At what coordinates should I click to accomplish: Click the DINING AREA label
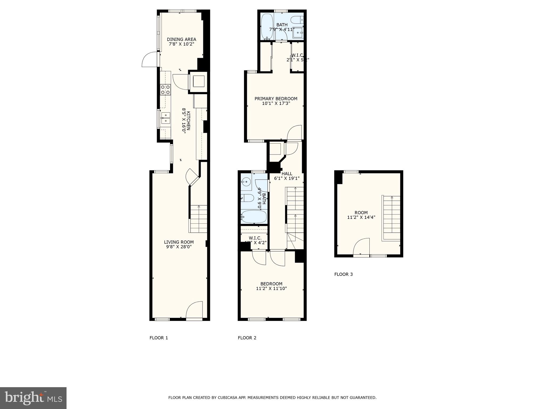click(x=181, y=39)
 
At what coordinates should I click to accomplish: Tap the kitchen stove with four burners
click(x=165, y=89)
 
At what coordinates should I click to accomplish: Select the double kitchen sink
click(x=166, y=118)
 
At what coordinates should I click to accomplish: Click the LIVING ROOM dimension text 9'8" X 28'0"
click(x=179, y=247)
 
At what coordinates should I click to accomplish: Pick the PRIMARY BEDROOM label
click(x=276, y=99)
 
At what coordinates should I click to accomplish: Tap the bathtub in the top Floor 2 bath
click(x=267, y=27)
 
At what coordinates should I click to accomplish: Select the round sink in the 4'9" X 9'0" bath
click(x=246, y=182)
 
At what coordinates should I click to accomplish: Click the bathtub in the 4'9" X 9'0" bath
click(x=254, y=216)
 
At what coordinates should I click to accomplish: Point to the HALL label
click(x=287, y=174)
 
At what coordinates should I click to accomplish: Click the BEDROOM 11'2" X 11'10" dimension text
click(x=271, y=288)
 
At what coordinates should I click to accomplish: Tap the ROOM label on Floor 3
click(x=361, y=212)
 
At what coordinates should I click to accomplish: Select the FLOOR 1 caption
click(x=159, y=338)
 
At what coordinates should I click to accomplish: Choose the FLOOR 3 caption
click(x=343, y=274)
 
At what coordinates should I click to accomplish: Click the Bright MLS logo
click(x=33, y=398)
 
